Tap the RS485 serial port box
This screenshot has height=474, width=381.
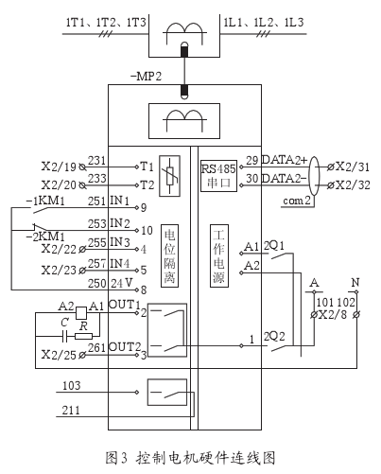217,175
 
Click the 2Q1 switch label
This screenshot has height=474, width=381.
276,244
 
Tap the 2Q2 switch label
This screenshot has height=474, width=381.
275,336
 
